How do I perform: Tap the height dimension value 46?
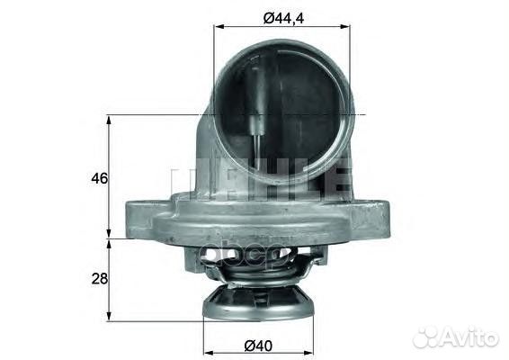(99, 178)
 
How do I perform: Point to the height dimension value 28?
(99, 279)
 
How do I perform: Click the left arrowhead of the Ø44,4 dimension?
(218, 27)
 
